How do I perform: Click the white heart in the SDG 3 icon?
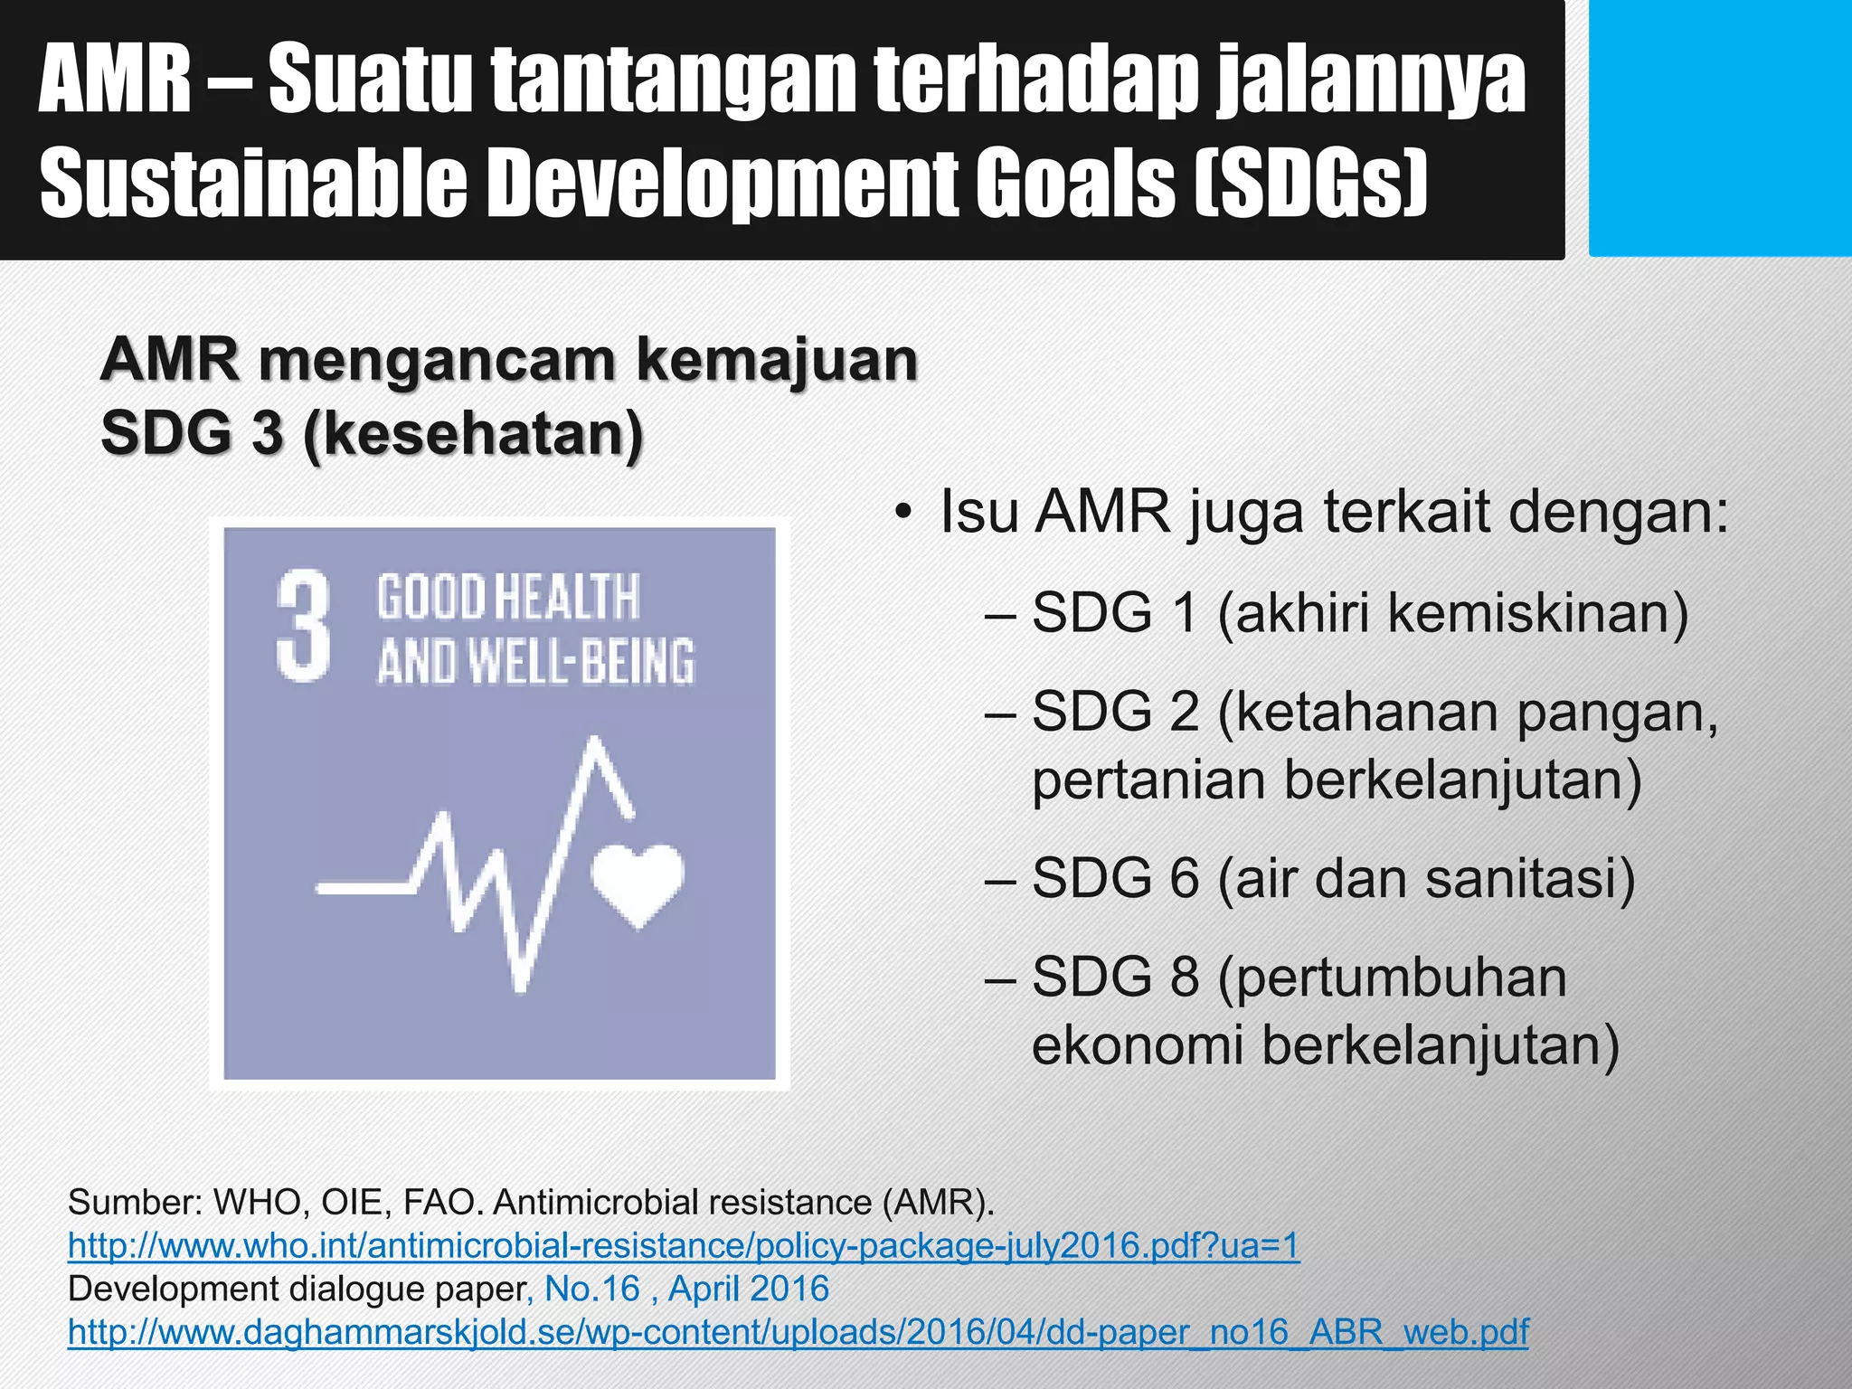637,882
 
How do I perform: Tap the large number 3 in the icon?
303,626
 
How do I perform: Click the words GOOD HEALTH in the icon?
508,598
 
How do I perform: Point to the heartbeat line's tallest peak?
595,743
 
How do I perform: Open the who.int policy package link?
684,1246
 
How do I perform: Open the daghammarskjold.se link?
798,1332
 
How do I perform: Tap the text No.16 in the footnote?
592,1289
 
